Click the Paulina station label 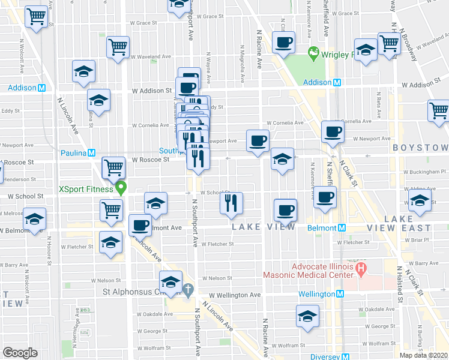(x=73, y=152)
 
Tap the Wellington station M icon (x=339, y=294)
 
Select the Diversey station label (x=325, y=356)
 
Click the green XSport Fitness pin (x=121, y=189)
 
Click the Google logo (x=20, y=353)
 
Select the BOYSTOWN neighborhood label (x=420, y=148)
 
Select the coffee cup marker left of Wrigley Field (x=283, y=43)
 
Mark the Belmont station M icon (x=342, y=228)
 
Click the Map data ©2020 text (x=424, y=355)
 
